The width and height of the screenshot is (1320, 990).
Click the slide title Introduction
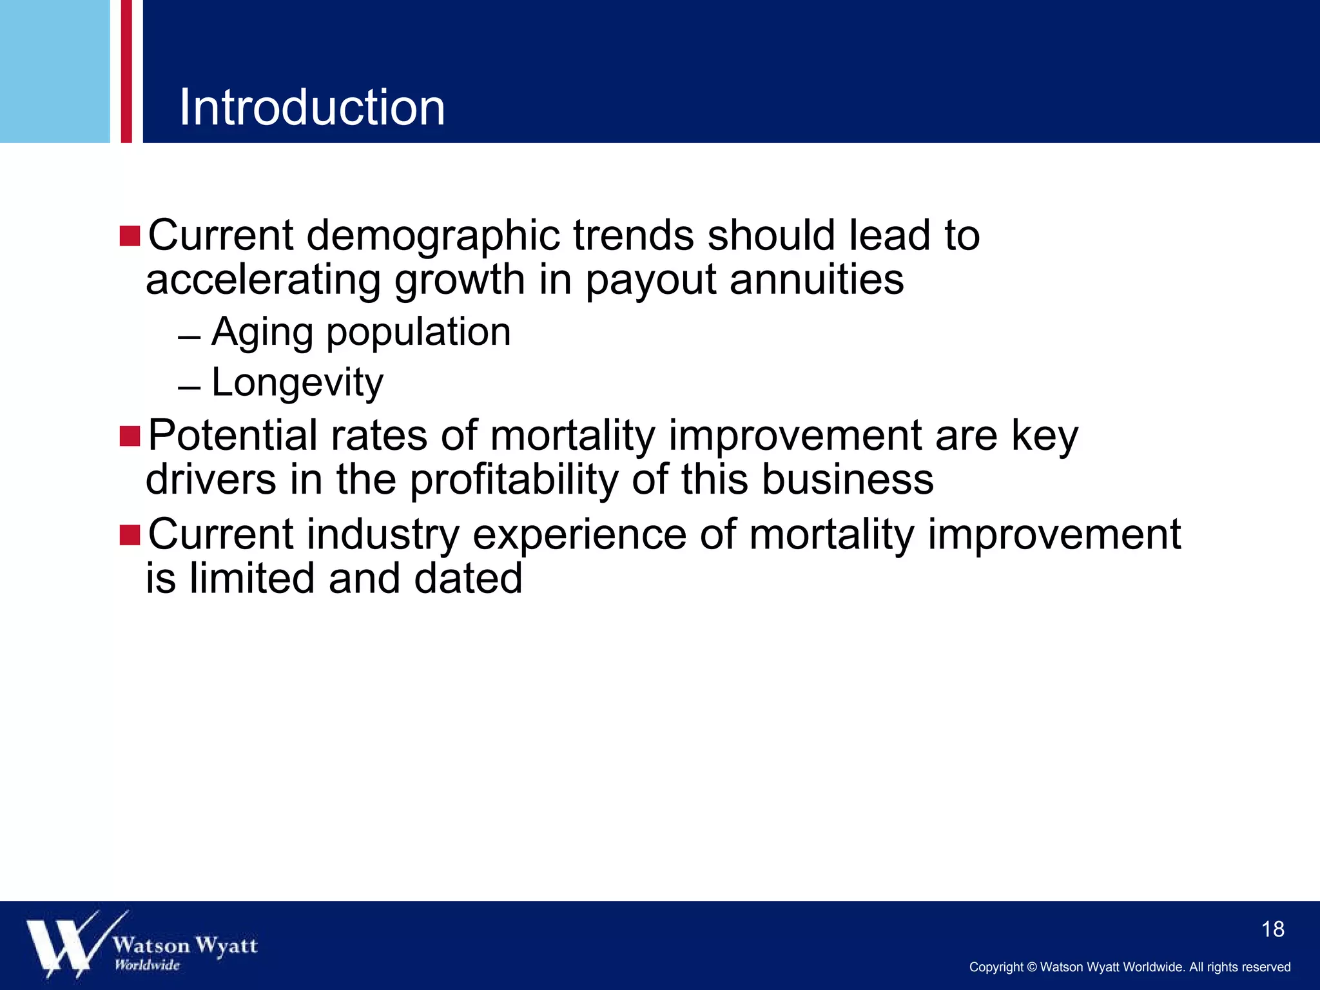point(312,107)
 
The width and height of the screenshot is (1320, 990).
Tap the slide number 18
point(1272,929)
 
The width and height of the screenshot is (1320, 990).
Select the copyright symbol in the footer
point(1031,967)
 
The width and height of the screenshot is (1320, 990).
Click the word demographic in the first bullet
point(433,236)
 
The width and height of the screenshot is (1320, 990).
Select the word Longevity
point(297,383)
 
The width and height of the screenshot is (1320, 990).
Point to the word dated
point(468,578)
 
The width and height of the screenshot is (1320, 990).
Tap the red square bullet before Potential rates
point(130,436)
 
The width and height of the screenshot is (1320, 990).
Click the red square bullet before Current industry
point(130,535)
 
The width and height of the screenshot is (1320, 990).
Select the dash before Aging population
point(189,338)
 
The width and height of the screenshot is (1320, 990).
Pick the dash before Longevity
point(189,388)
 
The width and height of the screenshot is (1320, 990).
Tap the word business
point(848,480)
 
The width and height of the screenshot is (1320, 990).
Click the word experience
point(579,535)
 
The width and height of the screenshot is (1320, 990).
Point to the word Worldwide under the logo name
point(147,965)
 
